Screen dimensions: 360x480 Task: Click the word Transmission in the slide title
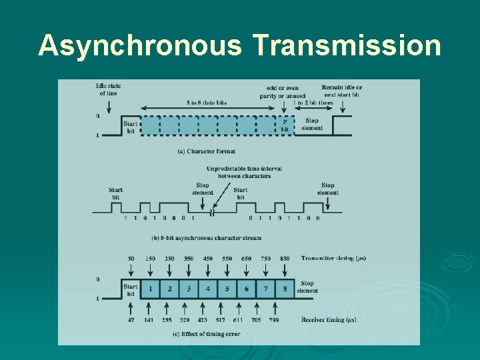347,46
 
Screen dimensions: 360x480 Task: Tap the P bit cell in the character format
285,125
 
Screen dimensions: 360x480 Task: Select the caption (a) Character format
207,151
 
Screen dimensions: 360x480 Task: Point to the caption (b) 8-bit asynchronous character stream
207,238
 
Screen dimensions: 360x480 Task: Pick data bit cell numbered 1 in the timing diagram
151,289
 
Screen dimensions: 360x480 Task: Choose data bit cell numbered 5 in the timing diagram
227,289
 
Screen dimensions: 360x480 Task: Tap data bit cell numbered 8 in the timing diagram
285,289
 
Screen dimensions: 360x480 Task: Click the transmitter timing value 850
285,258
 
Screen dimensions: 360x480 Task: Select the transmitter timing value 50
131,258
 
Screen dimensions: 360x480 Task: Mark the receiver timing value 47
131,320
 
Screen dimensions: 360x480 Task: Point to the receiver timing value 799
274,320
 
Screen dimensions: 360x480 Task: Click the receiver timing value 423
203,320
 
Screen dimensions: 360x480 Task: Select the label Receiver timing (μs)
329,320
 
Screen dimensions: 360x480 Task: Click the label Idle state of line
109,89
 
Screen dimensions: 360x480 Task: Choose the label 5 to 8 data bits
207,103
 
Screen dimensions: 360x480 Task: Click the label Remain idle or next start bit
342,91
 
